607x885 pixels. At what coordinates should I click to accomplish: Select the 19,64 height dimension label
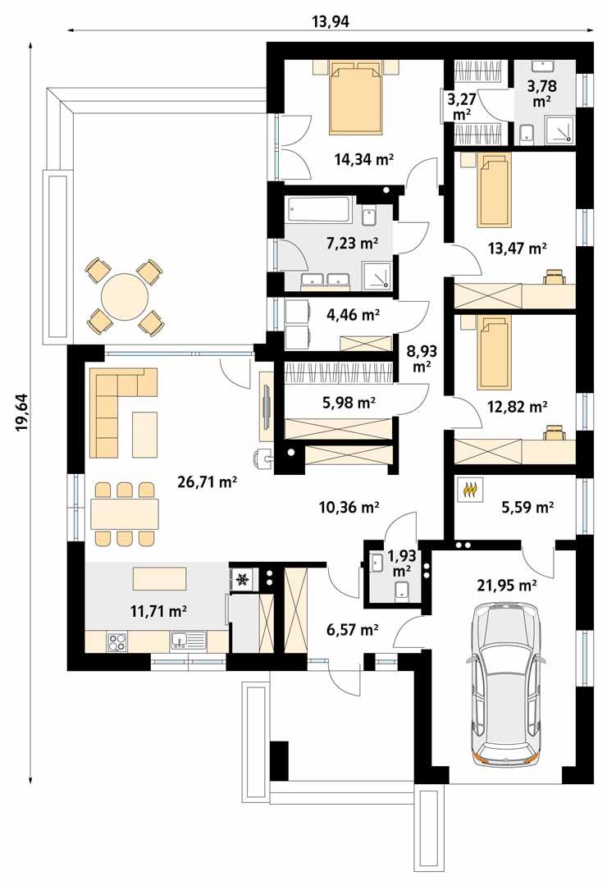[x=22, y=410]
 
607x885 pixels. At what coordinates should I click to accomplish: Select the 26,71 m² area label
[x=207, y=482]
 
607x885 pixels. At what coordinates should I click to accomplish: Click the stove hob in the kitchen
[x=116, y=641]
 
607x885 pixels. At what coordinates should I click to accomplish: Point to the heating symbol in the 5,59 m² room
[x=472, y=490]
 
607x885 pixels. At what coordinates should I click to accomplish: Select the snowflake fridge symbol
[x=242, y=580]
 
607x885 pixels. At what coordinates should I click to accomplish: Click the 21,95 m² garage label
[x=508, y=585]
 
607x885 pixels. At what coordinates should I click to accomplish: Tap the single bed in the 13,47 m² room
[x=493, y=189]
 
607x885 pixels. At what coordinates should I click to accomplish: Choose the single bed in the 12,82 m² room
[x=493, y=351]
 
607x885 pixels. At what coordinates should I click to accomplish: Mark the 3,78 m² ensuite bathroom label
[x=541, y=94]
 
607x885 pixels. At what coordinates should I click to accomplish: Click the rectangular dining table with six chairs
[x=124, y=513]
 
